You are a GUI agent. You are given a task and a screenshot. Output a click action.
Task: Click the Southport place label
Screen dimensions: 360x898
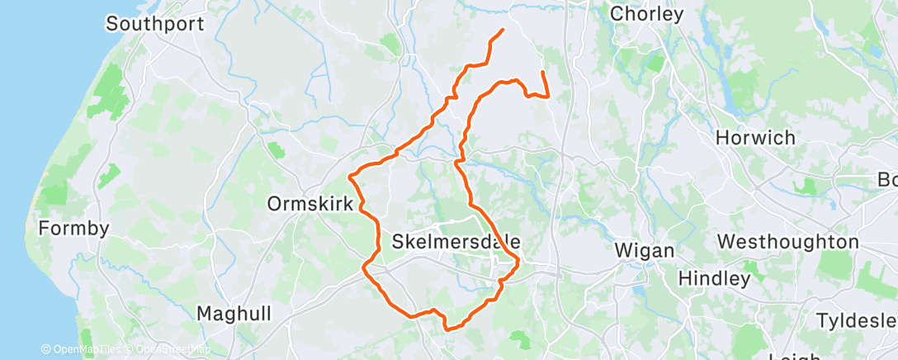click(x=154, y=23)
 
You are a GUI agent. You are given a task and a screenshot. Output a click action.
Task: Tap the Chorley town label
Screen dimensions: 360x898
click(x=646, y=14)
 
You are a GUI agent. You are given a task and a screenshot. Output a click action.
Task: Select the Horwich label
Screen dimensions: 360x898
click(x=755, y=138)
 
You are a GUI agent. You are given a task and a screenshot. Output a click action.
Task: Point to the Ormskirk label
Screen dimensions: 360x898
click(x=310, y=203)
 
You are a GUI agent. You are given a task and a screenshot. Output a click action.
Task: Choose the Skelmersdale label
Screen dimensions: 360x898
click(x=456, y=242)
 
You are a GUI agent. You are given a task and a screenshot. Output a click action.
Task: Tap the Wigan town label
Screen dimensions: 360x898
click(x=645, y=249)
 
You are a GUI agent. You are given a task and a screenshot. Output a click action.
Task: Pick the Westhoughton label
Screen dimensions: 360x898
click(x=788, y=242)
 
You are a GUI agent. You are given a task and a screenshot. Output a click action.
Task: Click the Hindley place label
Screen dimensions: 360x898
click(x=714, y=278)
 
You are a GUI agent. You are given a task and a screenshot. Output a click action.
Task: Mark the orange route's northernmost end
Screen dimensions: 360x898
click(x=503, y=31)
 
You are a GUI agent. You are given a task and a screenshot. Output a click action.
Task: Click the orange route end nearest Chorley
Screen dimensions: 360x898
click(x=541, y=73)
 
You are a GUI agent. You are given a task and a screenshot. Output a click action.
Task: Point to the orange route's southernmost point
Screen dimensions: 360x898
click(x=447, y=329)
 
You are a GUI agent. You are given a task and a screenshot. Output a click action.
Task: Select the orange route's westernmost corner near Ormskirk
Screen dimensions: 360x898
click(x=351, y=175)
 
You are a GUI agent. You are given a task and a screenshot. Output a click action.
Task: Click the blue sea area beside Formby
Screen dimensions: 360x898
click(x=17, y=165)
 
